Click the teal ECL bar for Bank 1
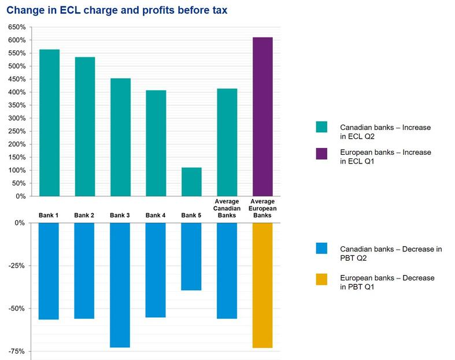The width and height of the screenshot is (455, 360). [x=49, y=123]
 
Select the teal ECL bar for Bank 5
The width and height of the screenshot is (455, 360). [x=191, y=181]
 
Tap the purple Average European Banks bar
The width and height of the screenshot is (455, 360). [x=262, y=117]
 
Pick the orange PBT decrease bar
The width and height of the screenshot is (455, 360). [x=262, y=285]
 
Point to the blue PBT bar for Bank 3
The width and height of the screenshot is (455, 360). [x=120, y=285]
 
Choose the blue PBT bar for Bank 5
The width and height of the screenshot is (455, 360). [x=191, y=256]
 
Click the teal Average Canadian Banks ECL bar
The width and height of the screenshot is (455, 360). [x=227, y=142]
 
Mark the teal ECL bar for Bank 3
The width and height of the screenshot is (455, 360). [x=120, y=137]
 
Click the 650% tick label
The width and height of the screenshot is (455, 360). [x=16, y=27]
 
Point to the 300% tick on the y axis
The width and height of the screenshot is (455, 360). [x=16, y=118]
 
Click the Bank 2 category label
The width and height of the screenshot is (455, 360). [x=84, y=216]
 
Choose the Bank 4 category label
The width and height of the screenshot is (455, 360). [x=156, y=216]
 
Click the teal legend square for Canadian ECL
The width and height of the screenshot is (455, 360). [x=321, y=127]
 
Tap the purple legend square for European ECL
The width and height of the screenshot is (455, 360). [x=321, y=154]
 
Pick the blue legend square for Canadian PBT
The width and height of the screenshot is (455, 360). [x=321, y=248]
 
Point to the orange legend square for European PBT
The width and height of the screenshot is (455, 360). [x=321, y=279]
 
